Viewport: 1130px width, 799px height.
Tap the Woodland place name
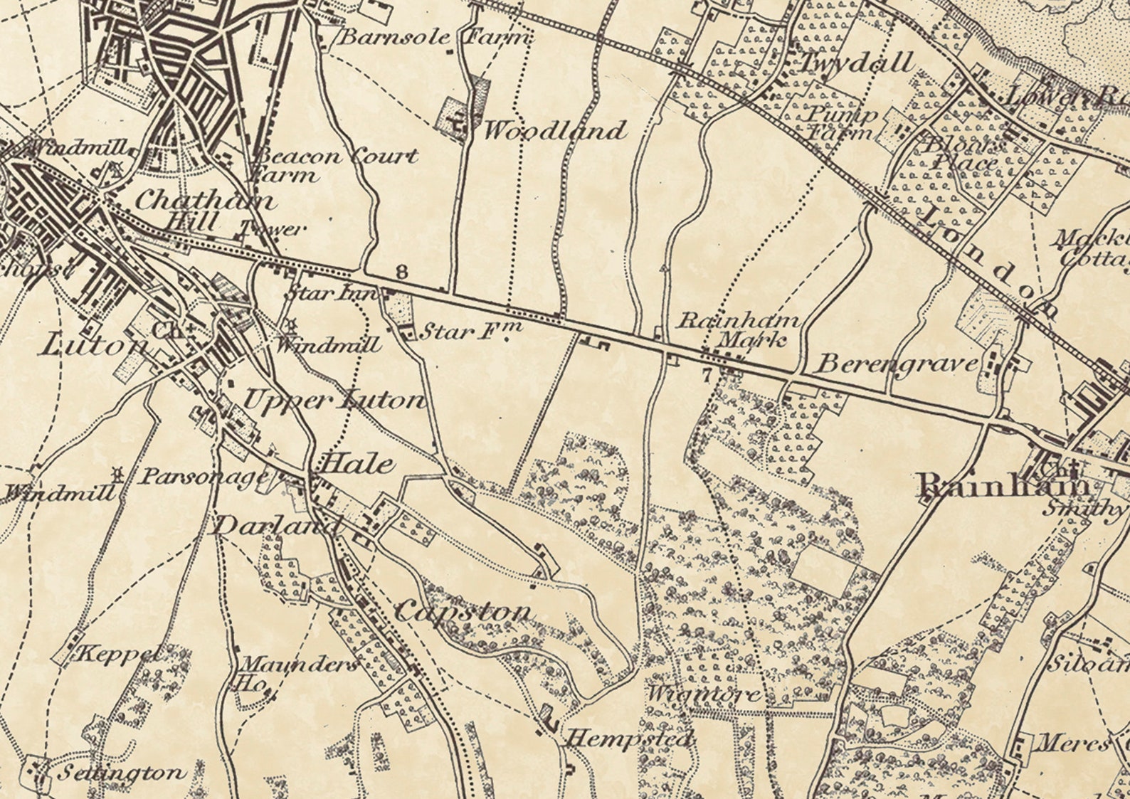(555, 131)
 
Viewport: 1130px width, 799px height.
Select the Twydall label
(857, 63)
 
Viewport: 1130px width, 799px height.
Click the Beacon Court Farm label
(334, 164)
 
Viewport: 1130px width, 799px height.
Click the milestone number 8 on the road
(402, 272)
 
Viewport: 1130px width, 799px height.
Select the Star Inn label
(332, 292)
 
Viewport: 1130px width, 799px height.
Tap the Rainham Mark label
(739, 329)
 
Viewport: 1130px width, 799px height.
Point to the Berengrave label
(897, 364)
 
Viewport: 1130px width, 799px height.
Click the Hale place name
(356, 465)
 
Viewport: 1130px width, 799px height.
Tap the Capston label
(463, 610)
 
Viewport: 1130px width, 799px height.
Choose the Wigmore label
(704, 692)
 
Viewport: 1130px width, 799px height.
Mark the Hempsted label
(629, 740)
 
